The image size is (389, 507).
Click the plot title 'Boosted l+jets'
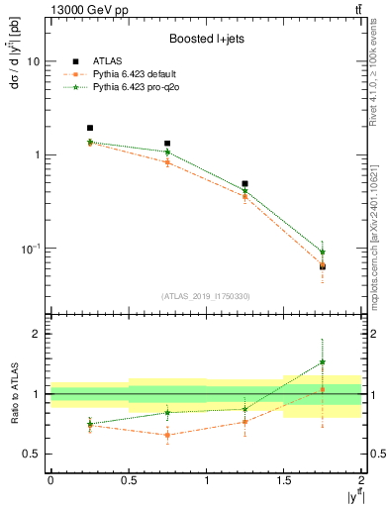(205, 40)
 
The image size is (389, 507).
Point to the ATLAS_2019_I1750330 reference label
(205, 296)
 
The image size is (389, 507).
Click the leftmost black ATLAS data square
(90, 128)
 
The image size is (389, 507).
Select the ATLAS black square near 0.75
(167, 144)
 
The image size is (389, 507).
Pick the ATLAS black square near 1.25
(244, 184)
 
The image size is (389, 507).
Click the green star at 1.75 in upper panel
(323, 252)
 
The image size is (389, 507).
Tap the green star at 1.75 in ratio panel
(323, 362)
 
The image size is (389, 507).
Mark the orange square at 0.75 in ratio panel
(167, 435)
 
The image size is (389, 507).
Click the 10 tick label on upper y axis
(33, 61)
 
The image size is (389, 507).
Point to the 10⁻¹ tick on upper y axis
(31, 249)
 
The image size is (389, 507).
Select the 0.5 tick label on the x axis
(128, 480)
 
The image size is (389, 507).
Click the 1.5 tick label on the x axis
(283, 480)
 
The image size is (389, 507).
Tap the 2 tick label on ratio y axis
(37, 334)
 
